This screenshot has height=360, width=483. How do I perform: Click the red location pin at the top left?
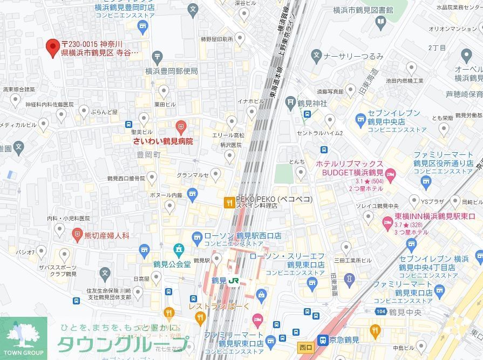(52, 48)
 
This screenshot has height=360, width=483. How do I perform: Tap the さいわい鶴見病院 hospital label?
(163, 141)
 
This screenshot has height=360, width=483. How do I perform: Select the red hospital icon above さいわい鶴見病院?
(181, 128)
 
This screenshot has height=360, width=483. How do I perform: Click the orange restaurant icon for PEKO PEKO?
(229, 203)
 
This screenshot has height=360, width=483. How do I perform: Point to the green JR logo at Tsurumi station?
(233, 281)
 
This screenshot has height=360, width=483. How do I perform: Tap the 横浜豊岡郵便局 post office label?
(172, 71)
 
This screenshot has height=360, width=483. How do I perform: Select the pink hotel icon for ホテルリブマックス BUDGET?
(391, 173)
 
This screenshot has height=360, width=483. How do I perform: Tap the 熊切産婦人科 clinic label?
(107, 235)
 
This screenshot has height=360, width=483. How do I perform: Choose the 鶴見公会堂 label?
(172, 264)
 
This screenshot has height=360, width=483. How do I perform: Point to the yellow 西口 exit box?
(305, 345)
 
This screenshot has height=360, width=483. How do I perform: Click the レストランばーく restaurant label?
(219, 307)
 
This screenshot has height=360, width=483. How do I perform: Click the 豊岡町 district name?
(149, 154)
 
